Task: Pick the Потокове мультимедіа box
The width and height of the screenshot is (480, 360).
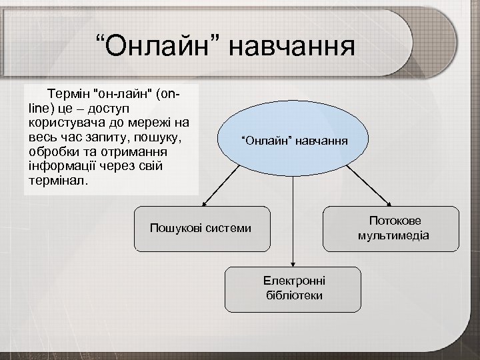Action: tap(392, 229)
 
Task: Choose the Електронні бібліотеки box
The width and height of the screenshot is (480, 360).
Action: tap(293, 289)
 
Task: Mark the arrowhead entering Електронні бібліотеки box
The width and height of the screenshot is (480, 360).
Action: tap(293, 263)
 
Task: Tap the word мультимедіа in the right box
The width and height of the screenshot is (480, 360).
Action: tap(393, 236)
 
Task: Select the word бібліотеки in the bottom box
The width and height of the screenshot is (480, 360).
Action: tap(293, 295)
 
